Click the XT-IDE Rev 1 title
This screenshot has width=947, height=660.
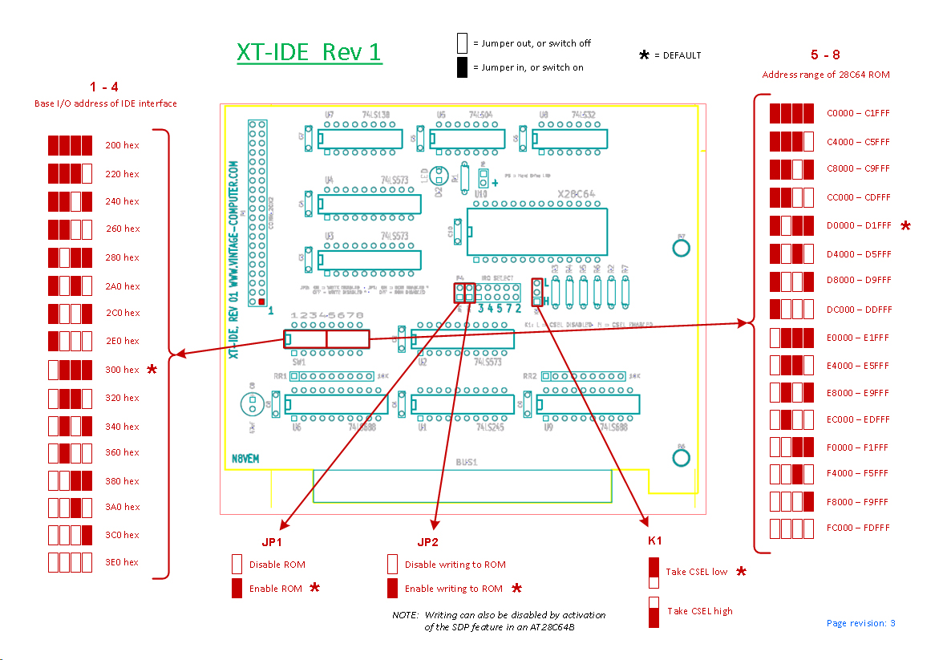tap(309, 52)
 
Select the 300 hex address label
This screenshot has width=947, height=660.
tap(122, 370)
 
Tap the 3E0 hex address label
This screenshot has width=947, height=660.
tap(122, 562)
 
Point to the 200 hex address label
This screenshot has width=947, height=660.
tap(122, 145)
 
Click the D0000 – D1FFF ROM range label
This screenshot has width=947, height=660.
tap(858, 225)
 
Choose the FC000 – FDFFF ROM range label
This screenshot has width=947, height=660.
tap(858, 528)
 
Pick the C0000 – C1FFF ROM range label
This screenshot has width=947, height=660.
tap(858, 113)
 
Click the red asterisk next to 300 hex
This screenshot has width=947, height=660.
tap(152, 370)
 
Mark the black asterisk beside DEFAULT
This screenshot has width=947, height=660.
tap(644, 55)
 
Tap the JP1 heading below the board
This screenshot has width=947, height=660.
tap(273, 541)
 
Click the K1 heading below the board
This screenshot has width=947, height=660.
tap(655, 541)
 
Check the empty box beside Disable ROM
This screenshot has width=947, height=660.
tap(237, 564)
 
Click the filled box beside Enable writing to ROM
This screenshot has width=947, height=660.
tap(392, 589)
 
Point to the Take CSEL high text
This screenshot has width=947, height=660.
tap(699, 611)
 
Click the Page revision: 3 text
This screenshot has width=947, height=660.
tap(860, 623)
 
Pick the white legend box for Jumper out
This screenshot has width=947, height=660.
tap(462, 43)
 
